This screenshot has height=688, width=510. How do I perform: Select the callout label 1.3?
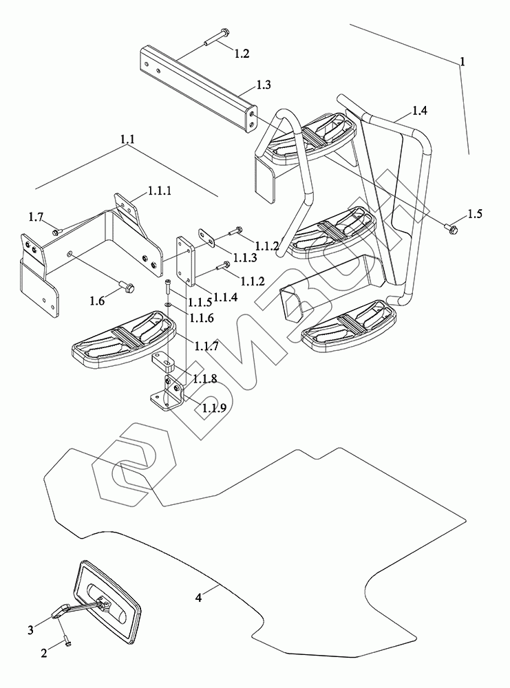point(263,85)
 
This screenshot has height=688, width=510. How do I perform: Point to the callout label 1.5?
point(474,213)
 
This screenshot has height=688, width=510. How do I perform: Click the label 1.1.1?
point(160,190)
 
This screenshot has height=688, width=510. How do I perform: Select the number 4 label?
point(198,599)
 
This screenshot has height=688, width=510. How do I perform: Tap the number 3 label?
point(30,630)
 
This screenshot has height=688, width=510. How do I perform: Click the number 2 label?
point(43,654)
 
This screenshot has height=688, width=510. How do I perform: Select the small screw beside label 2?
point(65,642)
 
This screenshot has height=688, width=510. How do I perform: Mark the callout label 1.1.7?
point(206,347)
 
